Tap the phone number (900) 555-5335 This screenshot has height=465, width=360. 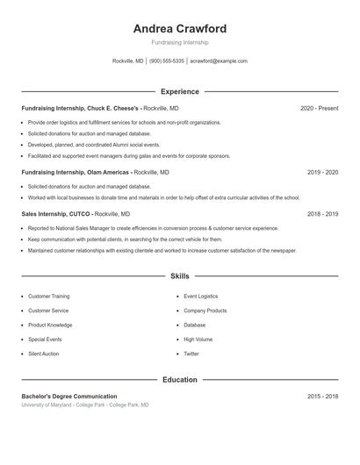coord(167,61)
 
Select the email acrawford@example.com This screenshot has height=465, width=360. coord(219,61)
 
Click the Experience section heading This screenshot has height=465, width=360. coord(179,91)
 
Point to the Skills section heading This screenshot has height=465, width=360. coord(179,275)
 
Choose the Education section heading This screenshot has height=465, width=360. coord(179,380)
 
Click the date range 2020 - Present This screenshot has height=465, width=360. coord(319,108)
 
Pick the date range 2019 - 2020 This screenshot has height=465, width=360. coord(322,172)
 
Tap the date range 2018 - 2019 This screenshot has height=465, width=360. coord(322,213)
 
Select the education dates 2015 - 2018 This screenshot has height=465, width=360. coord(322,397)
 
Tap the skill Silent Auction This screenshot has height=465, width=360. coord(44,354)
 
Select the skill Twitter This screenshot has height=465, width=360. coord(191,354)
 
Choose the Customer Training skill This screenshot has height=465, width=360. coord(49,297)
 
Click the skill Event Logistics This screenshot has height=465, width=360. coord(200,297)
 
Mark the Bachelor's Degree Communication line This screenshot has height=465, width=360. coord(69,397)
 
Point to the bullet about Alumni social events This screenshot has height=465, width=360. coord(94,144)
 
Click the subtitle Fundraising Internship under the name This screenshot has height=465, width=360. coord(179,42)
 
